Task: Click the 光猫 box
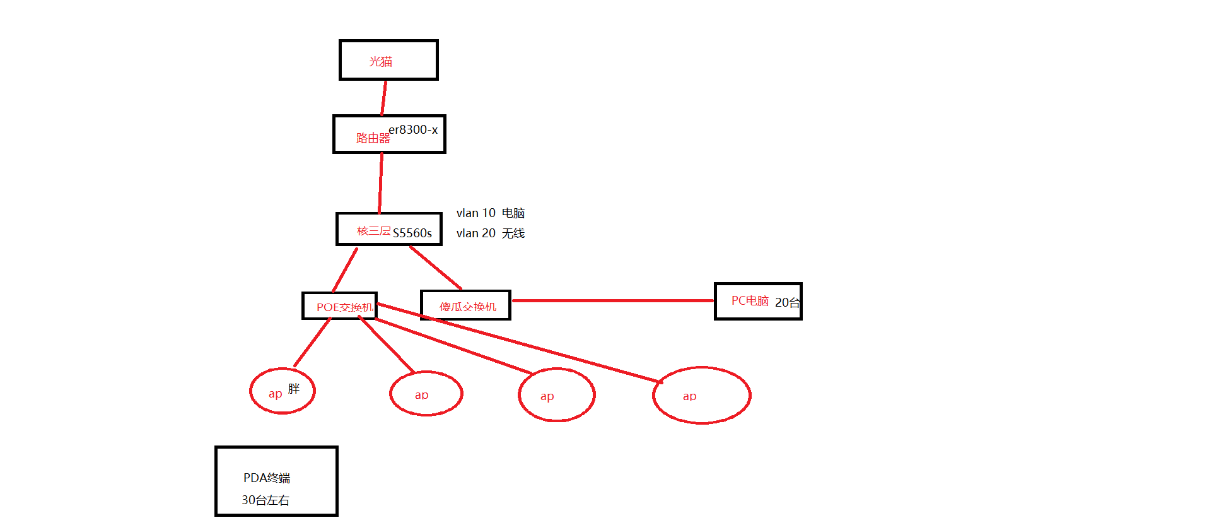pyautogui.click(x=388, y=60)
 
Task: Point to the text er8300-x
pyautogui.click(x=413, y=129)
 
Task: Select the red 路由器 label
pyautogui.click(x=373, y=138)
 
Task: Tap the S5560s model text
pyautogui.click(x=412, y=233)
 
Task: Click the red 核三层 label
pyautogui.click(x=374, y=231)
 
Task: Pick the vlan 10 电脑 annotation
pyautogui.click(x=490, y=213)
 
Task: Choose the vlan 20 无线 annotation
pyautogui.click(x=490, y=233)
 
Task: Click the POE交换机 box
pyautogui.click(x=339, y=306)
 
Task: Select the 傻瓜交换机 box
pyautogui.click(x=465, y=305)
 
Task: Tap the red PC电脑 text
pyautogui.click(x=750, y=301)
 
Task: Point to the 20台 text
pyautogui.click(x=787, y=303)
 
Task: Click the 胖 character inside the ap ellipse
pyautogui.click(x=294, y=389)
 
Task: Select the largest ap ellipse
pyautogui.click(x=701, y=396)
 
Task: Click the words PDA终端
pyautogui.click(x=267, y=478)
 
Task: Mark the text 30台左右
pyautogui.click(x=265, y=500)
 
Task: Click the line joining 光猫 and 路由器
pyautogui.click(x=383, y=98)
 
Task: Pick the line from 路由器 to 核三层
pyautogui.click(x=381, y=183)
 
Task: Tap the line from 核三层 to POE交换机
pyautogui.click(x=345, y=269)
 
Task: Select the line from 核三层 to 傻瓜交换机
pyautogui.click(x=436, y=268)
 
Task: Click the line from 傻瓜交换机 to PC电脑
pyautogui.click(x=612, y=301)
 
